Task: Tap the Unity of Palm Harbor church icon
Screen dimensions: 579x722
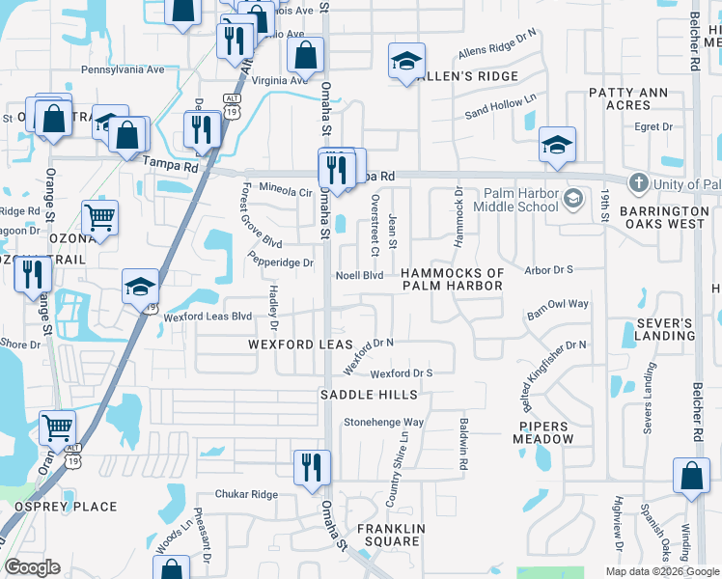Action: [638, 183]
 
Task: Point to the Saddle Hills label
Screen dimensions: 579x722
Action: [370, 395]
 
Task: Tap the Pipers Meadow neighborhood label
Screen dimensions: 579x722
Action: [545, 432]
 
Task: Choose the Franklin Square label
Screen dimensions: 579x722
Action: [390, 535]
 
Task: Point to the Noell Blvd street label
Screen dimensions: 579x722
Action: [359, 275]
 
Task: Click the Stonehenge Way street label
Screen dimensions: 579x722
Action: [384, 423]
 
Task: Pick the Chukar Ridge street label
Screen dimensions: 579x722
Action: [246, 494]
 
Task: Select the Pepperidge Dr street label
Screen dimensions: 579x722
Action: [282, 262]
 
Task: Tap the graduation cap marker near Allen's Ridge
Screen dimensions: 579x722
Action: [406, 62]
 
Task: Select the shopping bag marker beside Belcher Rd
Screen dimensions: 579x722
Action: [692, 477]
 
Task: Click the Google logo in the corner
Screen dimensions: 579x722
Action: [33, 567]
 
